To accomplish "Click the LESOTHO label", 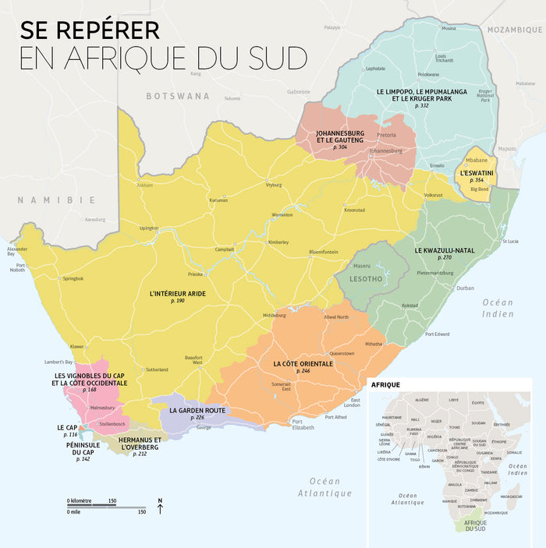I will [x=364, y=278].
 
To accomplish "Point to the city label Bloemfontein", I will [x=323, y=252].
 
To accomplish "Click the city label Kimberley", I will [x=278, y=242].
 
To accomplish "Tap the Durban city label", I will [x=466, y=288].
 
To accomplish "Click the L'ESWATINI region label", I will [x=476, y=172].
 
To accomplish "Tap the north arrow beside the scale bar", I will [x=160, y=507].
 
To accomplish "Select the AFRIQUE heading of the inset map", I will [x=386, y=385].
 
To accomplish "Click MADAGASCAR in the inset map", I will [x=511, y=496].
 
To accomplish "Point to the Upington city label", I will [x=148, y=228].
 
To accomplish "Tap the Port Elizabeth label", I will [x=302, y=424].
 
